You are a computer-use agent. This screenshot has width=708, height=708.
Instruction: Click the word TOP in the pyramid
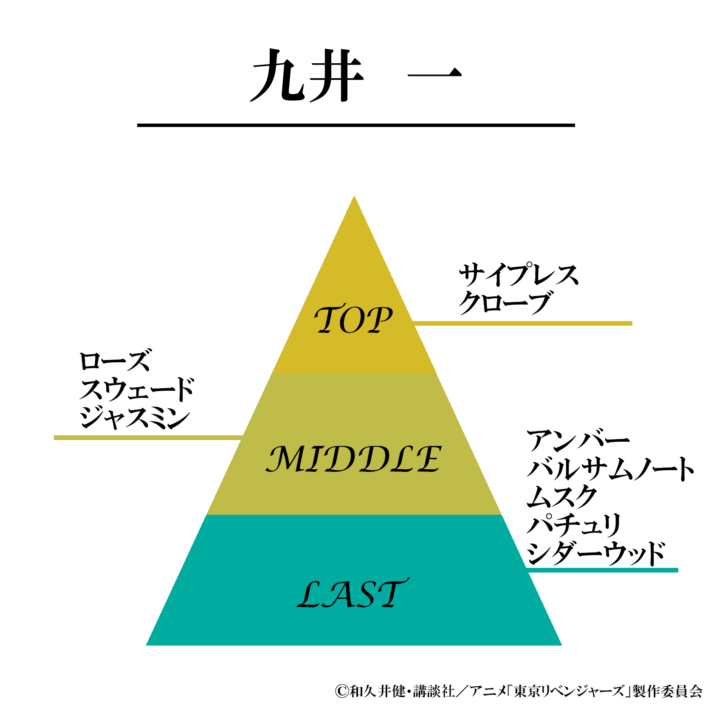[x=353, y=319]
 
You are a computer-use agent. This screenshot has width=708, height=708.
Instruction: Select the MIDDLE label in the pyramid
[x=353, y=459]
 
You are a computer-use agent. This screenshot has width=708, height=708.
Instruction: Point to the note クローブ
[x=505, y=302]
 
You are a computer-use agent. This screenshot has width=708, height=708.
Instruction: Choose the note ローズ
[x=115, y=361]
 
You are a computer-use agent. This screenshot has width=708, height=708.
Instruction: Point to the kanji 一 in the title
[x=434, y=75]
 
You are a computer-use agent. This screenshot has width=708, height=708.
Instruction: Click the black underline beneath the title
[x=356, y=125]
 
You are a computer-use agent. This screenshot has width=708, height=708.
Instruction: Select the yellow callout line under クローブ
[x=522, y=324]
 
